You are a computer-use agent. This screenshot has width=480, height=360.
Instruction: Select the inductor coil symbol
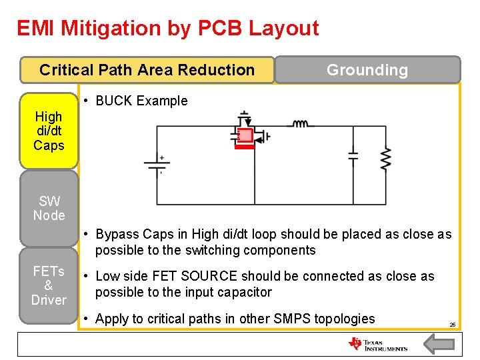tap(301, 123)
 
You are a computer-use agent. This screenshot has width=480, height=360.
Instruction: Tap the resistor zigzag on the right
tap(385, 158)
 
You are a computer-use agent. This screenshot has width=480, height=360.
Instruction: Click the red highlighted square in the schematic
tap(245, 136)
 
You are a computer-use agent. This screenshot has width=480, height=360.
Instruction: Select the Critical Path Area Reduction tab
tap(147, 70)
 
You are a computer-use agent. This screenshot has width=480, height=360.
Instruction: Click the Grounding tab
tap(367, 70)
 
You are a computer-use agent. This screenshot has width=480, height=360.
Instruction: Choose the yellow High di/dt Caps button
tap(49, 131)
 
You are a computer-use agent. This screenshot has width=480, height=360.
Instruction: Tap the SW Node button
tap(49, 208)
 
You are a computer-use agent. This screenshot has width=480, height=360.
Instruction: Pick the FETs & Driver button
tap(49, 285)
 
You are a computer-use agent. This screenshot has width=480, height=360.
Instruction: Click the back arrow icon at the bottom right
tap(439, 344)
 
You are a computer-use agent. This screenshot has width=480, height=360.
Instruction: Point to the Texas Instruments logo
tap(378, 344)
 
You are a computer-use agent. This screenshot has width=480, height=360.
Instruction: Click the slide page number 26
tap(452, 325)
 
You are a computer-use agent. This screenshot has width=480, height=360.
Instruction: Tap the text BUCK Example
tap(141, 101)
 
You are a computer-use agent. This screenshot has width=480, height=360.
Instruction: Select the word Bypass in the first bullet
tap(117, 234)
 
